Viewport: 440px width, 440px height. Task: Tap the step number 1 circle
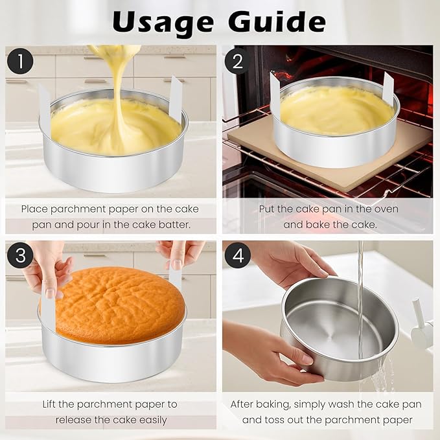click(21, 62)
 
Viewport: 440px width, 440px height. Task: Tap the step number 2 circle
click(237, 62)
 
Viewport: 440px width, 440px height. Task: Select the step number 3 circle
click(21, 255)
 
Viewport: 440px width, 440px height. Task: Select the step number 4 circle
click(237, 255)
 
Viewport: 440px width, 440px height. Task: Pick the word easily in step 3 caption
click(148, 420)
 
